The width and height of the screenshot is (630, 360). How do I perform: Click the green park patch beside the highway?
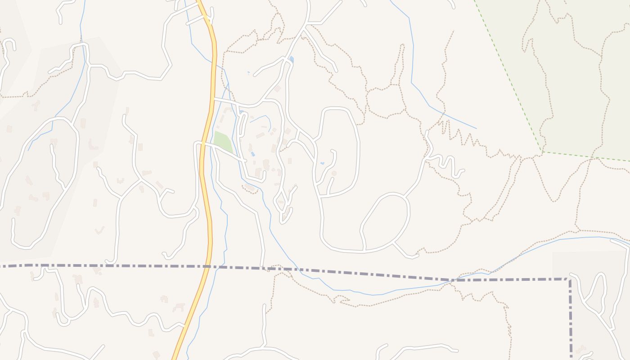click(x=223, y=141)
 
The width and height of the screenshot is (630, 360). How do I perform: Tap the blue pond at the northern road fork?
click(x=291, y=59)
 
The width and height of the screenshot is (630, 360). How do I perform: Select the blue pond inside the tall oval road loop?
click(x=322, y=163)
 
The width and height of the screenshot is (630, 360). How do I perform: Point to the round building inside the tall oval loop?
click(x=334, y=173)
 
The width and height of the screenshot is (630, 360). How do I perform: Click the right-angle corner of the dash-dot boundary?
click(x=570, y=279)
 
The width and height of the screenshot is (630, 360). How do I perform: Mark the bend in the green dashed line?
click(x=542, y=152)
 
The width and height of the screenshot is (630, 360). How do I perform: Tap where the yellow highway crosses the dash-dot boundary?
click(x=208, y=266)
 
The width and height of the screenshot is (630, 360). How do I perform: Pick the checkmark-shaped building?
click(x=99, y=230)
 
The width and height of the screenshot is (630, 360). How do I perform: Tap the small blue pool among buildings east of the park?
click(x=252, y=154)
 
